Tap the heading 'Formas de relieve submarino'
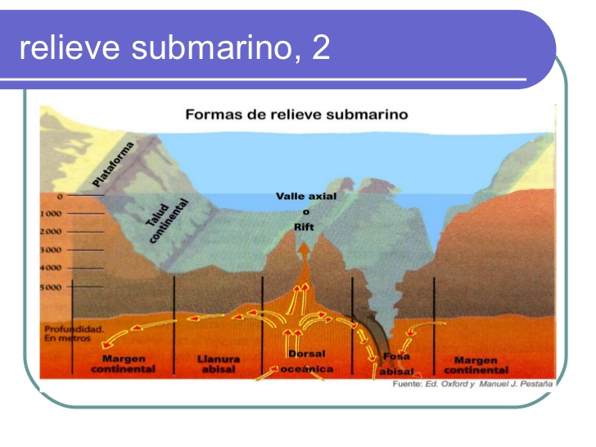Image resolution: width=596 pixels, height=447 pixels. point(296,114)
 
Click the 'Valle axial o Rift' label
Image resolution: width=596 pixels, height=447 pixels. point(306,211)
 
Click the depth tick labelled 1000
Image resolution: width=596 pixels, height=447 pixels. point(52,214)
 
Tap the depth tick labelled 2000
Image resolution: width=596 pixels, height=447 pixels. point(52,231)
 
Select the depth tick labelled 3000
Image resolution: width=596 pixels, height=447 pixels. point(52,249)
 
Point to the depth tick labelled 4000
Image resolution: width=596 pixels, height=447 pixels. point(52,268)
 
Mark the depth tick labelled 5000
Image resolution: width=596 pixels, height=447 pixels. point(52,287)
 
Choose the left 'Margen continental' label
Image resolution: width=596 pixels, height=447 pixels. point(124,364)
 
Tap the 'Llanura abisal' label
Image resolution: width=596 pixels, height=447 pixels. point(219,364)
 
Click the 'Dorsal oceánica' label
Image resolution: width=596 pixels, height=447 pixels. point(307,361)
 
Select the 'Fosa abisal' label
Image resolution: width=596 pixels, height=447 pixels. point(396,363)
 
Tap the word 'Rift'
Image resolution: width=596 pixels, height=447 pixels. point(305,227)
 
